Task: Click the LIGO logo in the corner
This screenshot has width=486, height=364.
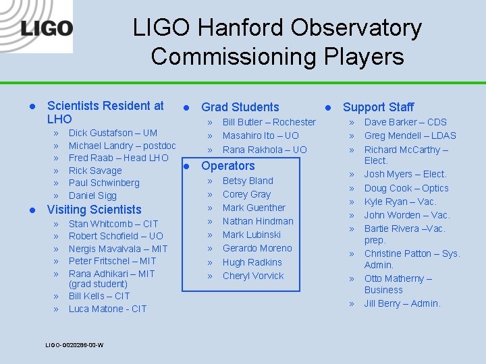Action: pos(46,29)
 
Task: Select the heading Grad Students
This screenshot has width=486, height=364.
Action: pos(240,107)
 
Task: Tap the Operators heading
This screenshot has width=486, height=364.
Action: pos(228,166)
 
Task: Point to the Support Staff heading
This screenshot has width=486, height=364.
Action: pos(378,107)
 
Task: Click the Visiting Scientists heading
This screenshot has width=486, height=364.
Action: pos(94,210)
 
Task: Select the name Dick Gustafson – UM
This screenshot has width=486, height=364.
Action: pos(113,133)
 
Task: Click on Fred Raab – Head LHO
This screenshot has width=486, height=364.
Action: pos(118,158)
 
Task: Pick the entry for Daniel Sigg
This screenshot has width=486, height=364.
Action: pos(92,195)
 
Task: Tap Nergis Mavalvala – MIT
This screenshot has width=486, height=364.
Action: pos(117,249)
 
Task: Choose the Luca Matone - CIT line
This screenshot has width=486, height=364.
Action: pos(107,309)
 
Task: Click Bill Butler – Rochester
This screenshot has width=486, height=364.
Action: pos(269,122)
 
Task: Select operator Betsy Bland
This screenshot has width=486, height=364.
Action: pos(248,181)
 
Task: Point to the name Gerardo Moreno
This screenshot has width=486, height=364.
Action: pos(257,248)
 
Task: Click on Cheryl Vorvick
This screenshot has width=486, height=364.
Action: pos(253,276)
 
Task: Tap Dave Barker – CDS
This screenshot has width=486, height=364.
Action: pos(405,122)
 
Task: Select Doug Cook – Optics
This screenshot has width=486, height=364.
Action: pos(406,188)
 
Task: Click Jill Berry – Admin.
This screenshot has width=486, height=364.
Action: pos(402,303)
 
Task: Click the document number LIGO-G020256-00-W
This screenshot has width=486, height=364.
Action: pos(74,345)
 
